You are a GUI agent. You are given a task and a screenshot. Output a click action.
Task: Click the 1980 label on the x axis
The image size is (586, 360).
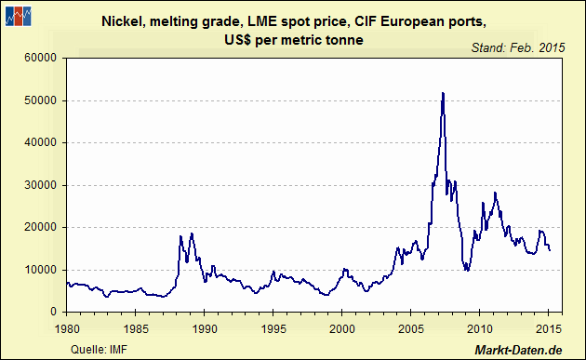(67, 327)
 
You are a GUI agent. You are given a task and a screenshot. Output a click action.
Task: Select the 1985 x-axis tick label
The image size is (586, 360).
(136, 327)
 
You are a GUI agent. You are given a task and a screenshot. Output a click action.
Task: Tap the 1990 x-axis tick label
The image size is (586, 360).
(205, 327)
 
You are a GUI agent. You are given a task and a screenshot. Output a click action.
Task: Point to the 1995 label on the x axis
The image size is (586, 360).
(273, 327)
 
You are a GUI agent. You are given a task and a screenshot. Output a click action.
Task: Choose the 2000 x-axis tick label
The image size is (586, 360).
(342, 327)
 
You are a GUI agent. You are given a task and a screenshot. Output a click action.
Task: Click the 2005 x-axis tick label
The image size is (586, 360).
(411, 327)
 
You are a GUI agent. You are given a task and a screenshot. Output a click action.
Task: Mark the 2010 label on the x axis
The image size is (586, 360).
(480, 327)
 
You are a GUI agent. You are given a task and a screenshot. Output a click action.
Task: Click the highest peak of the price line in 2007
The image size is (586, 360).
(443, 93)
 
